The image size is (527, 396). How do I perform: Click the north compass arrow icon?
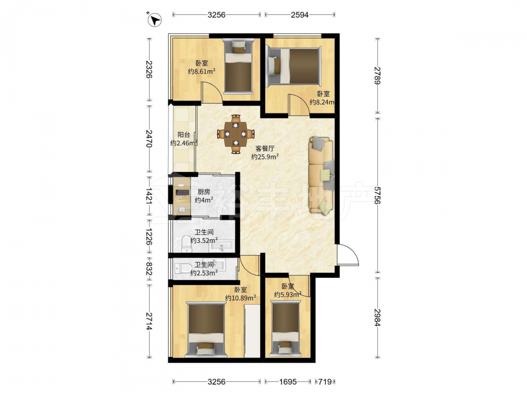(x=155, y=20)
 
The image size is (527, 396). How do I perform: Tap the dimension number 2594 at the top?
(x=300, y=14)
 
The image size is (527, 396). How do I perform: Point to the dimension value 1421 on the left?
(x=149, y=196)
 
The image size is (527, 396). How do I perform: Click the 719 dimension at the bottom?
(x=325, y=382)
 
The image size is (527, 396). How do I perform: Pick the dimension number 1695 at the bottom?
(x=288, y=382)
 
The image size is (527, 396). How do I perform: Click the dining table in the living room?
(x=236, y=134)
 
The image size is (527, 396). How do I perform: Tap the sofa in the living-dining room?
(x=321, y=175)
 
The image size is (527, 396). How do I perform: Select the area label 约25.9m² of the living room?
(x=265, y=157)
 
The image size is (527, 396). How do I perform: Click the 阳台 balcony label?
(x=183, y=135)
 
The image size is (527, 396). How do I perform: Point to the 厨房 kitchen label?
(x=203, y=192)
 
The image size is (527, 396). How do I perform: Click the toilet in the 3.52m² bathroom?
(x=186, y=244)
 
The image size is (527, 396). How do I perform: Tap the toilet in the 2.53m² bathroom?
(x=182, y=268)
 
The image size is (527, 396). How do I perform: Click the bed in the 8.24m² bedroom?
(x=294, y=65)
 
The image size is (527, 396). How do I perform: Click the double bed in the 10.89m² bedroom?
(x=207, y=329)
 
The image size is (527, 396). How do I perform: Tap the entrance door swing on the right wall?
(x=348, y=255)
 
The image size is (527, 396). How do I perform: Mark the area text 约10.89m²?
(x=241, y=298)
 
